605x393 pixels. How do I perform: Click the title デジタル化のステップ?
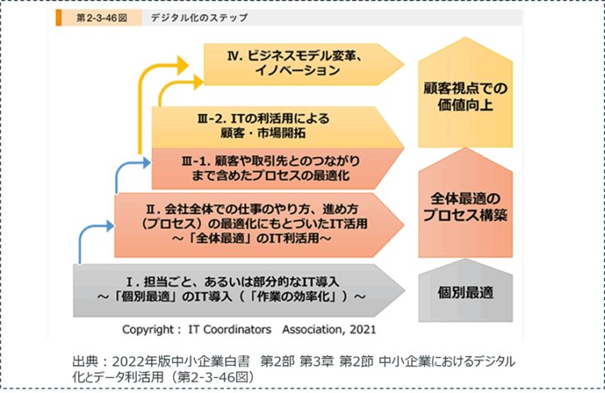(199, 17)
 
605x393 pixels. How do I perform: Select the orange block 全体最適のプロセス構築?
(465, 207)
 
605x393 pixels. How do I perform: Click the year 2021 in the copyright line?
(360, 330)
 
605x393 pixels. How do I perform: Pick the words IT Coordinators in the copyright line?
(231, 330)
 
